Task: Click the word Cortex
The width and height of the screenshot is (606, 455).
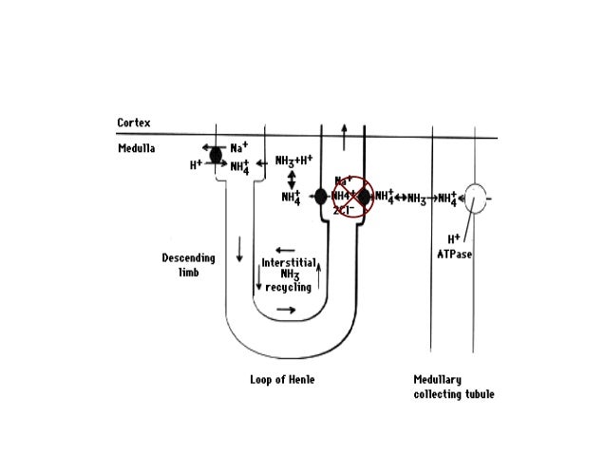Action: (134, 123)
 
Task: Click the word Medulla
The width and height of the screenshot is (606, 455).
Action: (136, 149)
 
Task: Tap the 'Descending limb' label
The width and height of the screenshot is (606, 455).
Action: (188, 265)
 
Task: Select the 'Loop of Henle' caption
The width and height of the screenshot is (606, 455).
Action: (275, 380)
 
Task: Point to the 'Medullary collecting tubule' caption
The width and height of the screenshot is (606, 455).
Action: (453, 387)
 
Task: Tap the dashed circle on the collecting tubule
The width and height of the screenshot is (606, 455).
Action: (474, 198)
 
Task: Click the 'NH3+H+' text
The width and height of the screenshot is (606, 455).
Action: (293, 161)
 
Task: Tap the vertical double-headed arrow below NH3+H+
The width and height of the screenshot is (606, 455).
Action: (292, 180)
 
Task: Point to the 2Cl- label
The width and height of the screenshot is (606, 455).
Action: (343, 210)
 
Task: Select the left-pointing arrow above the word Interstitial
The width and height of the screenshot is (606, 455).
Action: (284, 251)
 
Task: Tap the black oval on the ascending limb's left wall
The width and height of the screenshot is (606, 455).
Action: (321, 197)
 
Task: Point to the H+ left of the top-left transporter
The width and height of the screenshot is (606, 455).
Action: (195, 164)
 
